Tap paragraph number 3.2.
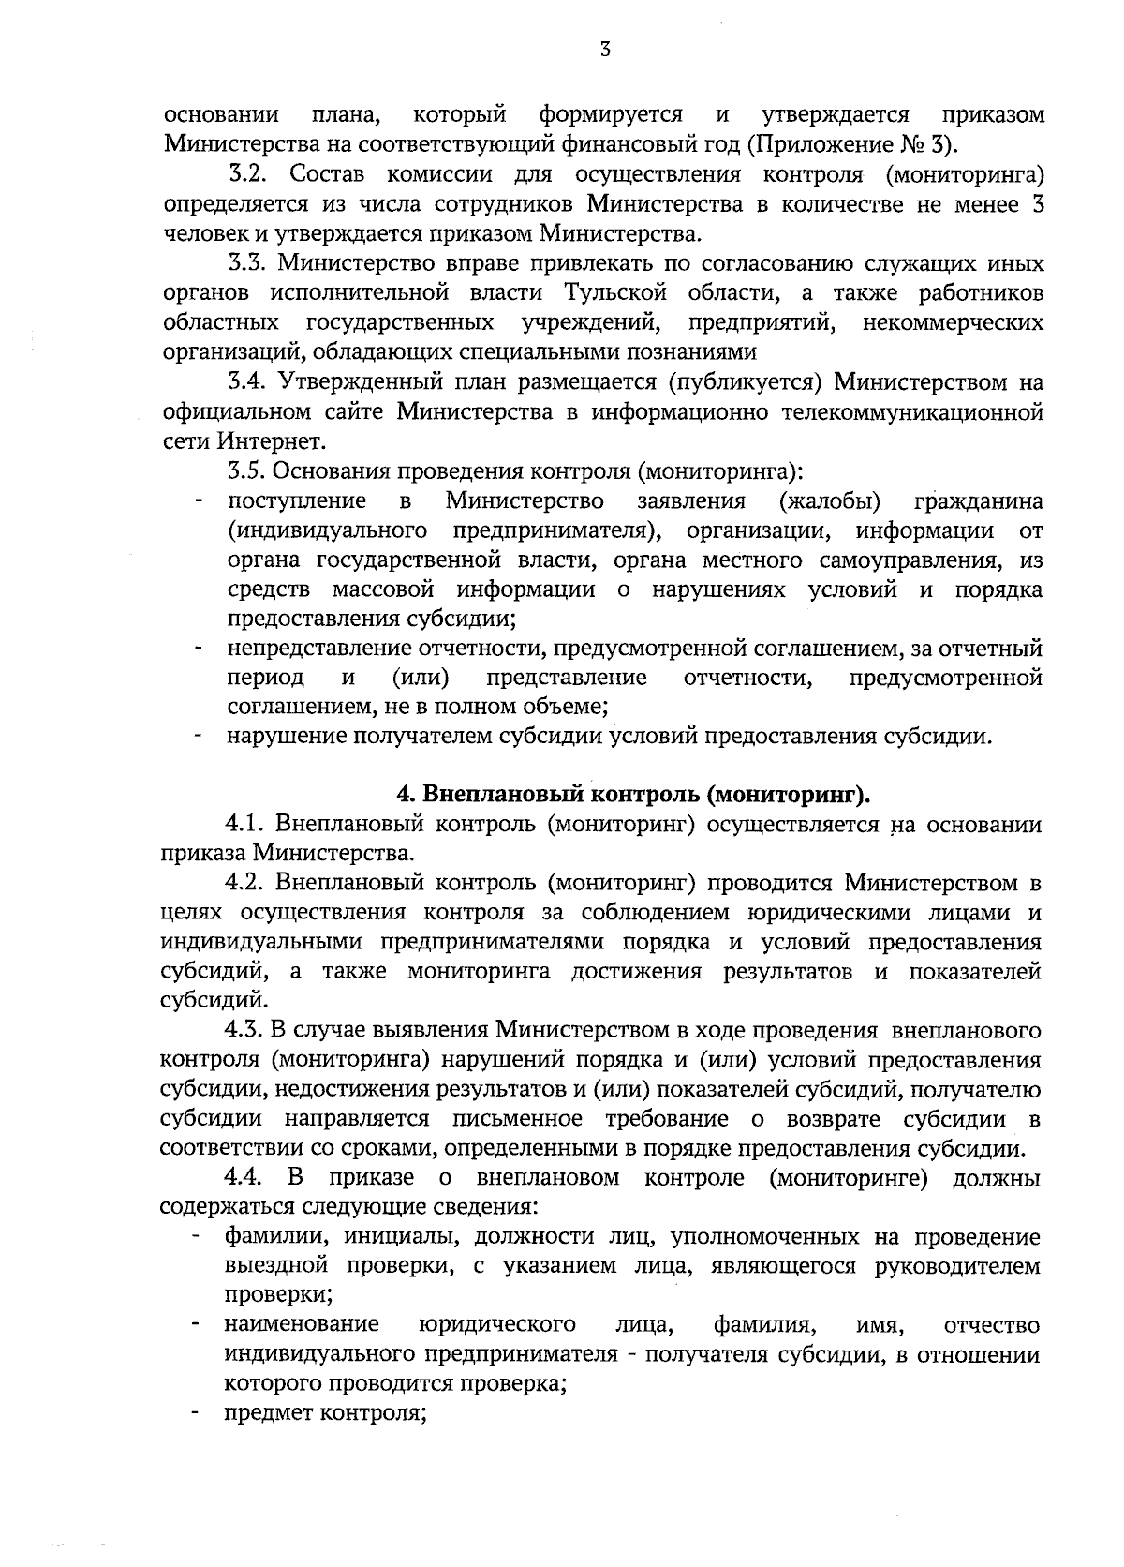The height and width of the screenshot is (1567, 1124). point(250,174)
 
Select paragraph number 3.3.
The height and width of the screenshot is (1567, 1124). point(250,263)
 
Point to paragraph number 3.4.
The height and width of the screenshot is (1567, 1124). point(250,382)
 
